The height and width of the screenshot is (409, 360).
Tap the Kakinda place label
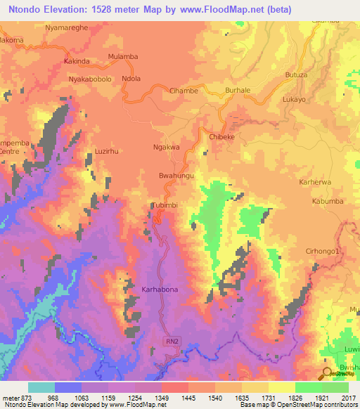click(x=77, y=61)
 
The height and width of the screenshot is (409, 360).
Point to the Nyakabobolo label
click(x=90, y=79)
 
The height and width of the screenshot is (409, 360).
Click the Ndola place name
click(x=131, y=79)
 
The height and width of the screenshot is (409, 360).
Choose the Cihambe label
click(x=184, y=91)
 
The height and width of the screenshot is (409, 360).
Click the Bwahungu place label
click(x=176, y=173)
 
